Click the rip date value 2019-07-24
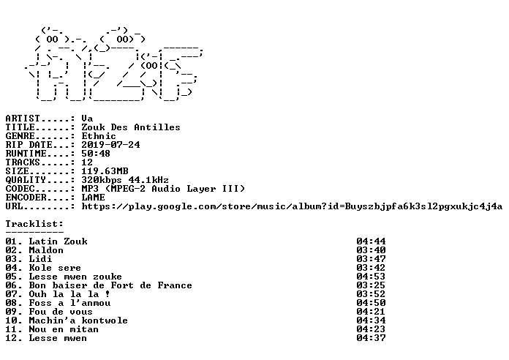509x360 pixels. (x=110, y=145)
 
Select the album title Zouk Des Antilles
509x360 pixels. (x=131, y=127)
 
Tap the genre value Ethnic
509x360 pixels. (x=99, y=136)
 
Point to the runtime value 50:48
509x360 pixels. (x=96, y=154)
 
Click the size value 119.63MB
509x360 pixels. (x=105, y=171)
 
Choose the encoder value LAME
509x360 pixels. (x=93, y=198)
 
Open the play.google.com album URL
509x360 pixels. (x=292, y=206)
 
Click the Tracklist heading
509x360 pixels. (x=34, y=224)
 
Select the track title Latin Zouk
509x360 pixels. (x=58, y=241)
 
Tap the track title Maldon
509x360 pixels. (x=46, y=250)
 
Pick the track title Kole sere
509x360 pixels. (x=55, y=268)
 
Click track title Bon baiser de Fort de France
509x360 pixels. (x=110, y=285)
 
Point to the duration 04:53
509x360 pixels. (x=371, y=277)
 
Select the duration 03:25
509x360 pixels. (x=371, y=285)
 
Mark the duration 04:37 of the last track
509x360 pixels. (x=371, y=338)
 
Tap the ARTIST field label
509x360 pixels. (x=23, y=119)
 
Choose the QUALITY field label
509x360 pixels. (x=26, y=180)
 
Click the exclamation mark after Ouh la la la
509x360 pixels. (x=108, y=294)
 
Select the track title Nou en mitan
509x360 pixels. (x=64, y=329)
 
